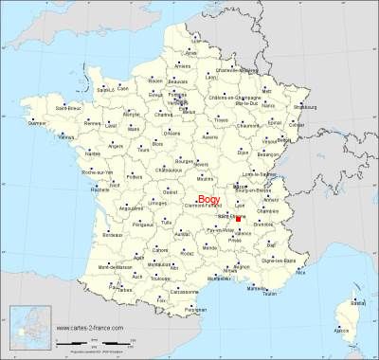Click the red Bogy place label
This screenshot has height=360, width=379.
tap(208, 200)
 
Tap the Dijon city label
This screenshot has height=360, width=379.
tap(243, 151)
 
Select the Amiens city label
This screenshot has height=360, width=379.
tap(184, 66)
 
